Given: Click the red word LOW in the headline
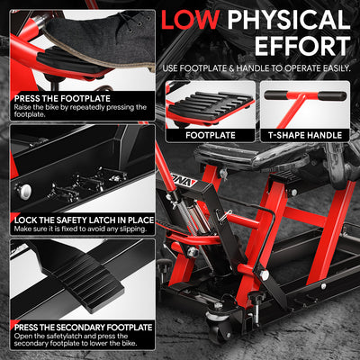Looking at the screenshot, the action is pyautogui.click(x=190, y=19).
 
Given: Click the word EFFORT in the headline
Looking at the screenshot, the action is pyautogui.click(x=302, y=46).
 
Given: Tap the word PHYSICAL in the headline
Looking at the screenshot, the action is pyautogui.click(x=289, y=19).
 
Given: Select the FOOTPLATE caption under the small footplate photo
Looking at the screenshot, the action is pyautogui.click(x=211, y=135).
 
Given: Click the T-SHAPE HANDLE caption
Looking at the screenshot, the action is pyautogui.click(x=305, y=135).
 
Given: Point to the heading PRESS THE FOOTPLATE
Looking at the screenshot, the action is pyautogui.click(x=62, y=98).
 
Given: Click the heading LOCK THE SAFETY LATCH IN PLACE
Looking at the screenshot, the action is pyautogui.click(x=84, y=220).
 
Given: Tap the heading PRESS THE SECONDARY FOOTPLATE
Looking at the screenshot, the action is pyautogui.click(x=84, y=327).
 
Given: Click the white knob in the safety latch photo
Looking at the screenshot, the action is pyautogui.click(x=23, y=190).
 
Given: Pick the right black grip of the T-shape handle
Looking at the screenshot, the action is pyautogui.click(x=332, y=96).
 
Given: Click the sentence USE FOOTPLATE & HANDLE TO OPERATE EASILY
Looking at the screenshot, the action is pyautogui.click(x=256, y=68).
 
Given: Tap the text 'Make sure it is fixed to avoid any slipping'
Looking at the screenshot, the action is pyautogui.click(x=80, y=229).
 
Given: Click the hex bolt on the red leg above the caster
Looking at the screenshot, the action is pyautogui.click(x=264, y=274).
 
